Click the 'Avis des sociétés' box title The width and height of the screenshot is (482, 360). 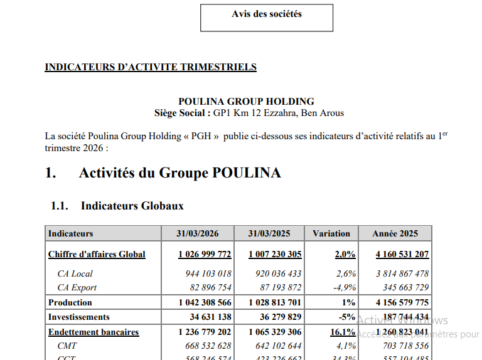[x=267, y=14]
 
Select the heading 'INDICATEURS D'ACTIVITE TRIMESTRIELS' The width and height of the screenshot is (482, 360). [x=151, y=67]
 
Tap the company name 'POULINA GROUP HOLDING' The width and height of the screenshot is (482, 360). [x=246, y=102]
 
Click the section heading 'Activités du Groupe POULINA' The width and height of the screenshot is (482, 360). [x=179, y=173]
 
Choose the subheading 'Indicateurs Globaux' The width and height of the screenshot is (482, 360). [x=132, y=205]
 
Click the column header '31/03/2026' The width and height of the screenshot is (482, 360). [x=198, y=233]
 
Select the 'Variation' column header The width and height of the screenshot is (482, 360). [x=331, y=233]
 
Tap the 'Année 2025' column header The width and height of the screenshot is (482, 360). [x=395, y=233]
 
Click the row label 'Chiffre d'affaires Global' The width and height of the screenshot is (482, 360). [x=97, y=254]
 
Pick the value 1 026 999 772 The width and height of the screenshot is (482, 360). [x=205, y=254]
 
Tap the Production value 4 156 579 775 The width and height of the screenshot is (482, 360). [x=402, y=302]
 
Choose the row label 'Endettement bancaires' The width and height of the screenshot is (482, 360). [x=94, y=332]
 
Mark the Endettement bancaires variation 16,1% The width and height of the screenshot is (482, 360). [x=343, y=332]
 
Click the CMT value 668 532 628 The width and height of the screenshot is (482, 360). [x=205, y=346]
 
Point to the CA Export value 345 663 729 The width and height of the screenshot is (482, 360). [x=403, y=287]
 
